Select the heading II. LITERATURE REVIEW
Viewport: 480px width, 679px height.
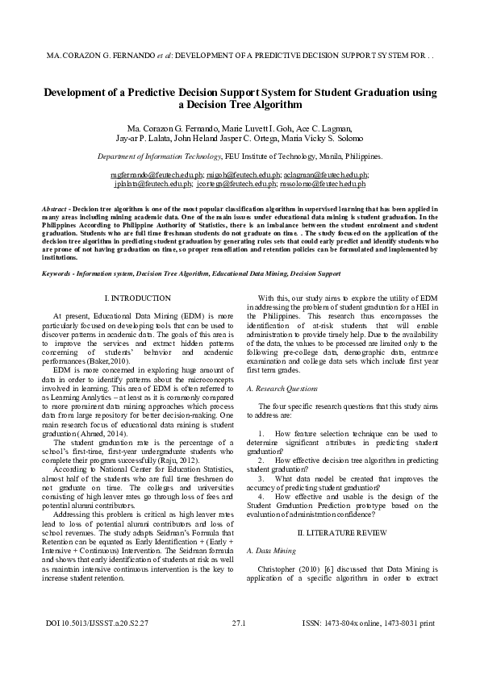[342, 533]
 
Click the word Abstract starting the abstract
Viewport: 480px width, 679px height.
[54, 209]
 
